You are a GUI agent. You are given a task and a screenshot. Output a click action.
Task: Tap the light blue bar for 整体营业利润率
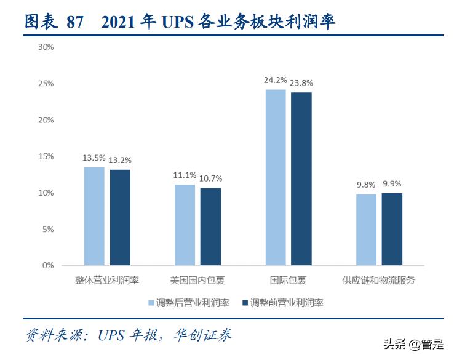tap(94, 216)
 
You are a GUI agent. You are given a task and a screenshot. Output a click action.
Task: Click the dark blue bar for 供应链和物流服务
tap(392, 229)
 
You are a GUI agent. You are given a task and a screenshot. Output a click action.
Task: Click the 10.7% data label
tap(210, 179)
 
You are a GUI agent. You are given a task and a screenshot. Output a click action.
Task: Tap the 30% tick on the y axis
tap(46, 47)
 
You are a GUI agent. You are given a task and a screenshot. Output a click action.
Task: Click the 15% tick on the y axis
tap(46, 156)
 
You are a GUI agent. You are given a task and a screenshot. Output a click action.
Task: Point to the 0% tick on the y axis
tap(49, 266)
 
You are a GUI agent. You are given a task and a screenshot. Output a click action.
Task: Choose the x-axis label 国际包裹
tap(288, 281)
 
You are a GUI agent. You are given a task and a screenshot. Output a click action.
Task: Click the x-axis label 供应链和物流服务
tap(379, 281)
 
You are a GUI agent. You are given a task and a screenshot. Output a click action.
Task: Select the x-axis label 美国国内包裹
tap(197, 281)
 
